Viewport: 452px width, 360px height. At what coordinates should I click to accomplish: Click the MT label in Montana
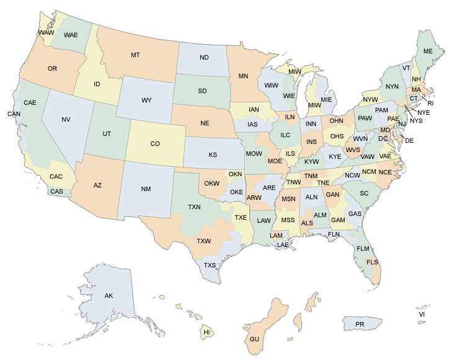coord(135,55)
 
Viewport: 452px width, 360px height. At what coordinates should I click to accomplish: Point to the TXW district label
coord(203,241)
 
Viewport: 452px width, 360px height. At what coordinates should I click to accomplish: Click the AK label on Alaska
coord(109,295)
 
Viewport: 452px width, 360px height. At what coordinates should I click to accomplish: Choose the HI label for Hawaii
coord(207,333)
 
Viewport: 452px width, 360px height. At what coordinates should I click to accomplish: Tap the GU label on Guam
coord(255,340)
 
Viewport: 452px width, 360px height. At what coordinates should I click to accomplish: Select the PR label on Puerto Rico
coord(360,325)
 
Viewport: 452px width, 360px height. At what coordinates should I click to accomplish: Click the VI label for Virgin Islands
coord(422,315)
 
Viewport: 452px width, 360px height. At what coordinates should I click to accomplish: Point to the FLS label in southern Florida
coord(372,263)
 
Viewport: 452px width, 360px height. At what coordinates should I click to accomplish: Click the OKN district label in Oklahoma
coord(235,174)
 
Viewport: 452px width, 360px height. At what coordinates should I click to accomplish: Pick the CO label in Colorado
coord(155,143)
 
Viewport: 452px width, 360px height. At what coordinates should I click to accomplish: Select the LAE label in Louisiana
coord(283,245)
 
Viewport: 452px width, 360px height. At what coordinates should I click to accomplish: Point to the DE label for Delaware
coord(409,141)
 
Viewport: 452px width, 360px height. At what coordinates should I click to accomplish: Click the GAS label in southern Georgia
coord(355,214)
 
